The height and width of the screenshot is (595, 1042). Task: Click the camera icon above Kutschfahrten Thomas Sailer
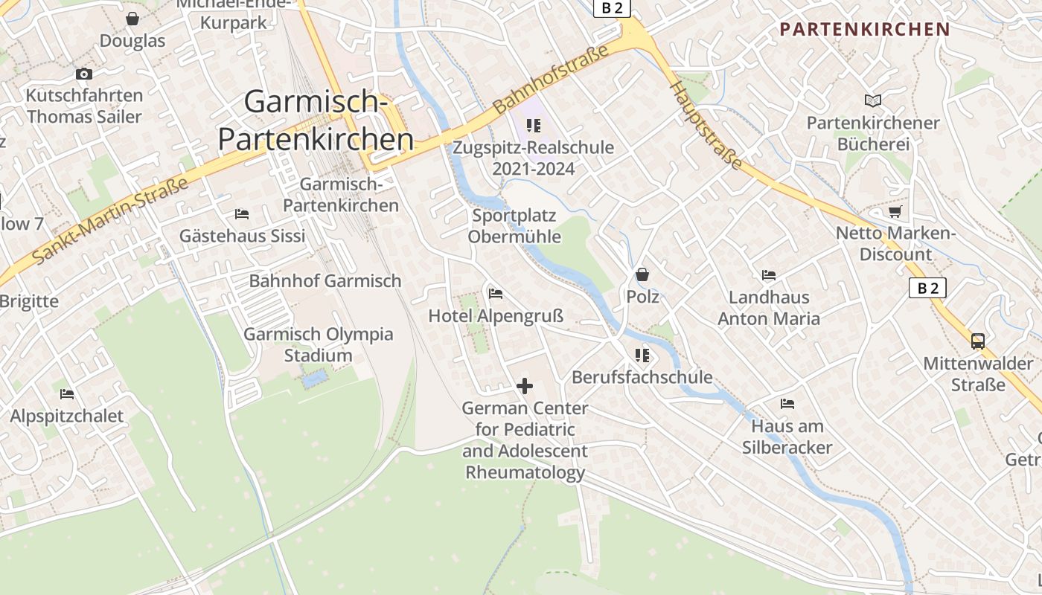click(84, 74)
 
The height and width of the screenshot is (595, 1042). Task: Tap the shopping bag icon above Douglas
click(132, 19)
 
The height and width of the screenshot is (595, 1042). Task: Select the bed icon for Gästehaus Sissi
click(242, 214)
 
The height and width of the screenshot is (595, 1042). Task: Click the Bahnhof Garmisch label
click(325, 281)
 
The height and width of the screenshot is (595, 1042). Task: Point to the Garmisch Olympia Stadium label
click(319, 344)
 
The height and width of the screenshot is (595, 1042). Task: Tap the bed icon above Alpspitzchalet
click(67, 393)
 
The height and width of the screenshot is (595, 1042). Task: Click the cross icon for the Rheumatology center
click(525, 386)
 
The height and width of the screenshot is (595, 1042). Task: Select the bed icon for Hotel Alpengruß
click(496, 294)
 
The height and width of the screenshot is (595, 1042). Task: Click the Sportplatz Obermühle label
click(514, 226)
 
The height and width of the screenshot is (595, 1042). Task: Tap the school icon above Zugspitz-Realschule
click(534, 125)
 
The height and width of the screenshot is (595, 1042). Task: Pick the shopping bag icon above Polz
click(642, 274)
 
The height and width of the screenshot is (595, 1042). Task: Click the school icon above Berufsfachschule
click(642, 356)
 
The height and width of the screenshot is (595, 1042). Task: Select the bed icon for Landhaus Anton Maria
click(769, 275)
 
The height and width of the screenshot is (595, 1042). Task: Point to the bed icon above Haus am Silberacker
click(787, 404)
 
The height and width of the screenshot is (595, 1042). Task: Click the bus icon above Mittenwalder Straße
click(978, 341)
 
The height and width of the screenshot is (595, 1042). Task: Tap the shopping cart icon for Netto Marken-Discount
click(895, 212)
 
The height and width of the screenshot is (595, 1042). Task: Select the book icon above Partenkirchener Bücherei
click(873, 100)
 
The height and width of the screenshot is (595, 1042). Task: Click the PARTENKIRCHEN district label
click(865, 30)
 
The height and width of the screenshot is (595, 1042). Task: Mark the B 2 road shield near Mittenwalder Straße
click(927, 288)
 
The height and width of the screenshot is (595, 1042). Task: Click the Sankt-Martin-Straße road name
click(110, 221)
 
